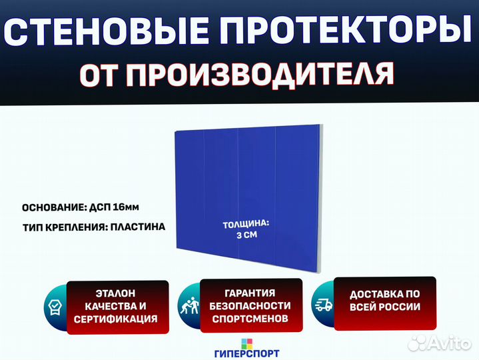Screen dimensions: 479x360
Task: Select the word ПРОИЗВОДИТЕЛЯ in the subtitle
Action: coord(260,74)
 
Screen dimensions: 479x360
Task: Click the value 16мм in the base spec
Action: coord(126,207)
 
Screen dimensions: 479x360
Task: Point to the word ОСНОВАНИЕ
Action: coord(54,208)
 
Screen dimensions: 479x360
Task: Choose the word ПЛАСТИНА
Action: coord(138,227)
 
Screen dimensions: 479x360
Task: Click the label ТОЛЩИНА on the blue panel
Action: coord(246,224)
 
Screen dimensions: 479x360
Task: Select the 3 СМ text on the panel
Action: coord(247,235)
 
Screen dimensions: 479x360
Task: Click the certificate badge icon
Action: coord(55,307)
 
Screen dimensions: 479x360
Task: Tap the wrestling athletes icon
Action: coord(189,305)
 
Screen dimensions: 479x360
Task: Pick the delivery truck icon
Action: coord(324,305)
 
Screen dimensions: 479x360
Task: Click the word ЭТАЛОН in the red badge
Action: coord(115,293)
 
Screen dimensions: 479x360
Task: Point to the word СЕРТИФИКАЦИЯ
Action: coord(116,319)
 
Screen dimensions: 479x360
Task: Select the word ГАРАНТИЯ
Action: coord(250,293)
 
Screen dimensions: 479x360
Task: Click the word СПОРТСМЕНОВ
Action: coord(250,319)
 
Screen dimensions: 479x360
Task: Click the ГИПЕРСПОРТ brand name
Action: coord(247,353)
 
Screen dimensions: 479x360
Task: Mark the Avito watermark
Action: coord(439,343)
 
